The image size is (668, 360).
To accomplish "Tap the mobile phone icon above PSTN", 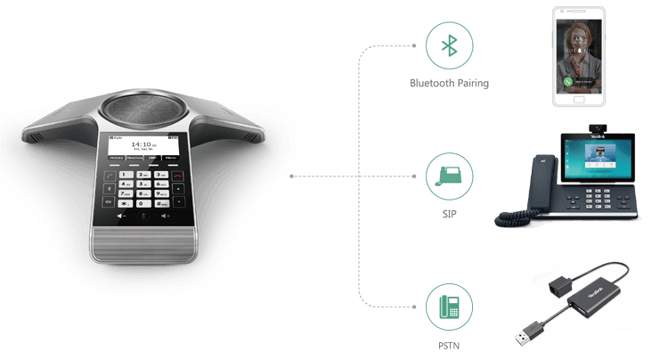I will coord(450,306).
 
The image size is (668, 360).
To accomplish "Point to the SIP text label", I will coord(450,214).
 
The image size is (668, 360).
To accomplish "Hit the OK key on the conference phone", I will coord(108,201).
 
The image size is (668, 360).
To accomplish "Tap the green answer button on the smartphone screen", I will coord(567,80).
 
